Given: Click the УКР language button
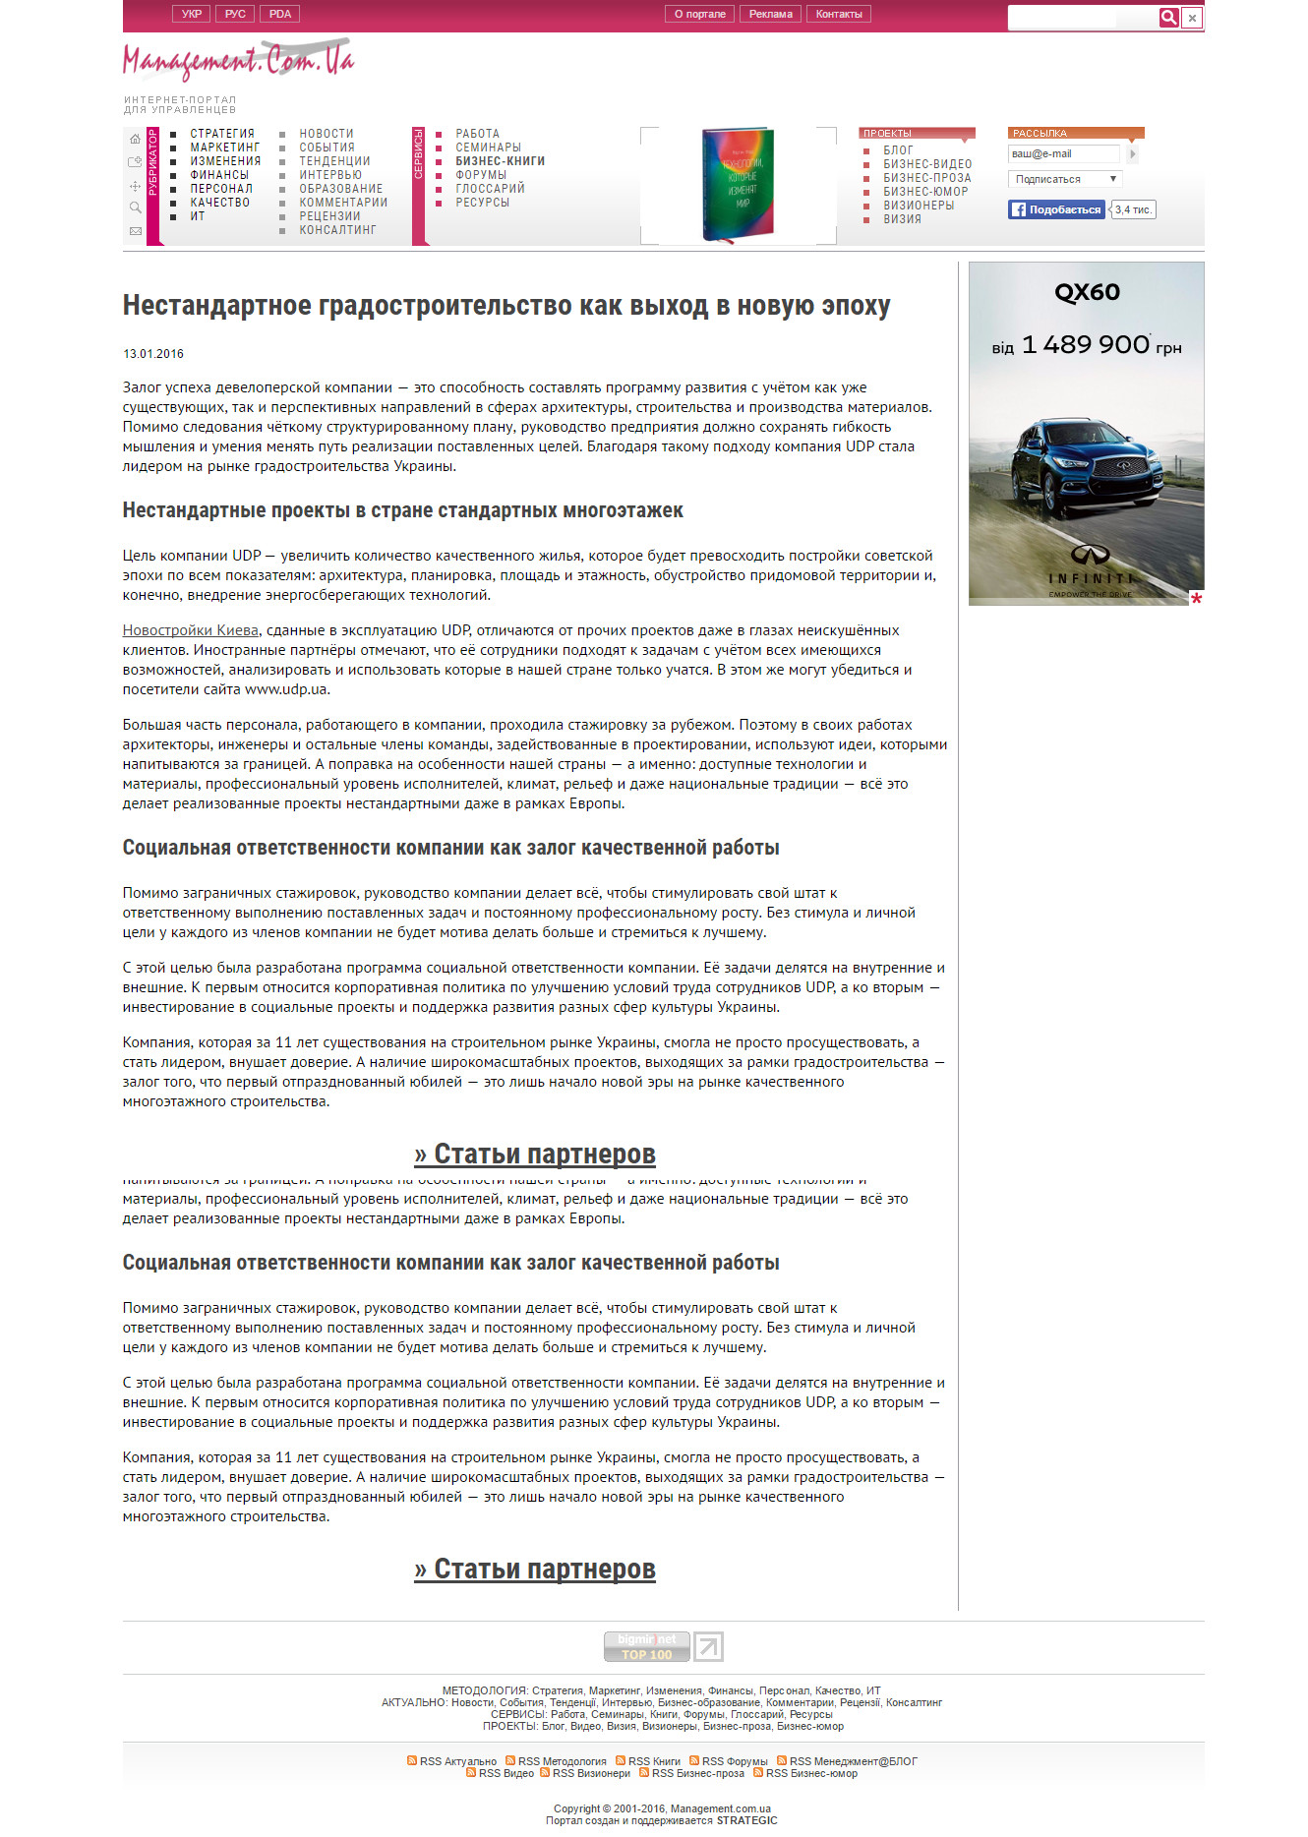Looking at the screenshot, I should click(191, 14).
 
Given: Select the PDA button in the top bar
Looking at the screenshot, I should click(280, 14).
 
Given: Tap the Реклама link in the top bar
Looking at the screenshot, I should click(770, 14).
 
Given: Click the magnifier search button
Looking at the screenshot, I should click(1168, 17).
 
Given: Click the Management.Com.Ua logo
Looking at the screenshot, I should click(238, 61).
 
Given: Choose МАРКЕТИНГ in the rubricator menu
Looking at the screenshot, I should click(225, 148).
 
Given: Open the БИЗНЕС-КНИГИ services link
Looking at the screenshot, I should click(500, 161).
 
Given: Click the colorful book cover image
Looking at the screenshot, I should click(738, 184).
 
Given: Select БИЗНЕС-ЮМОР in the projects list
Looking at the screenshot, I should click(925, 192).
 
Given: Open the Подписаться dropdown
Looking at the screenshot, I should click(1065, 179).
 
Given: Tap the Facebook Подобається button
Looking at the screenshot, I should click(1056, 209).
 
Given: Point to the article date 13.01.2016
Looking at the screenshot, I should click(153, 354).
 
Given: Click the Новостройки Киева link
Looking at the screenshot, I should click(191, 630).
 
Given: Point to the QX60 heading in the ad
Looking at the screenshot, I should click(1087, 292).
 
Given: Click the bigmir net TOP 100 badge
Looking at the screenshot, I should click(646, 1646).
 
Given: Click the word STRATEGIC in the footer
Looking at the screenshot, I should click(746, 1820).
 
